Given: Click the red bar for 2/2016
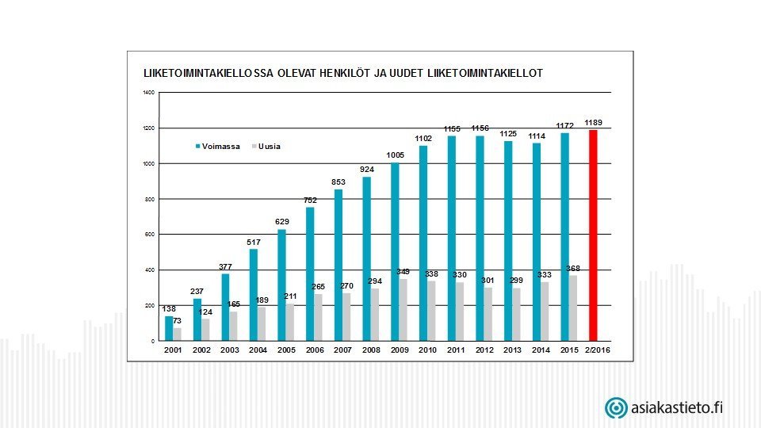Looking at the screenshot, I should (x=593, y=235).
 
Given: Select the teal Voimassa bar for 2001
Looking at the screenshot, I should (x=169, y=328).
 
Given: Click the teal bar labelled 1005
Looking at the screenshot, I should (x=395, y=251).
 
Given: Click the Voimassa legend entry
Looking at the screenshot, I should (x=218, y=146).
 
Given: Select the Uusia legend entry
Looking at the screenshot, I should (x=266, y=146).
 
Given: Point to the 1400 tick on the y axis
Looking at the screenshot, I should (x=148, y=93).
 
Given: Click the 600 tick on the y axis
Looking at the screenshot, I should (x=150, y=235).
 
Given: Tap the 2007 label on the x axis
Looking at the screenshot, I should (x=342, y=349).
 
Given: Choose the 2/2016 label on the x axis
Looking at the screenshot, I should (x=597, y=349).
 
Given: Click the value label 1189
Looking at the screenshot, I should (x=594, y=123).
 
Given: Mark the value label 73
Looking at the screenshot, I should (x=178, y=320).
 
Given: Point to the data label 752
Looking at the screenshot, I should (x=310, y=200).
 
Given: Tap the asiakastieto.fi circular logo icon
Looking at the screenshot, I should (x=616, y=408).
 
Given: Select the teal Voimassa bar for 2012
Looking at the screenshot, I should (x=480, y=238).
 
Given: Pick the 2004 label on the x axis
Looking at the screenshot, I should (x=258, y=349).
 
